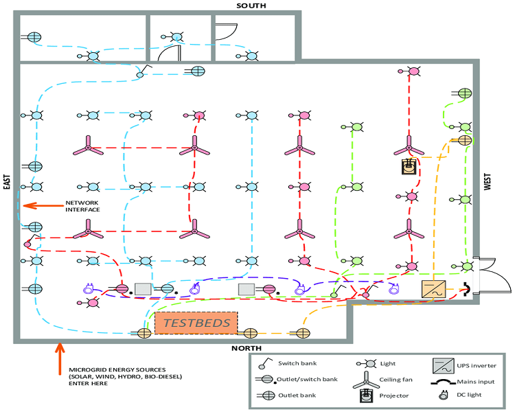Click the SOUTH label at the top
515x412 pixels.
[251, 5]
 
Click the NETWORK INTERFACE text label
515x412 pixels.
[83, 206]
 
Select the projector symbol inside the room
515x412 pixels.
[409, 165]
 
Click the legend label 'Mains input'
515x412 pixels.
[481, 380]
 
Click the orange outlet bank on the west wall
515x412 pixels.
[465, 140]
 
